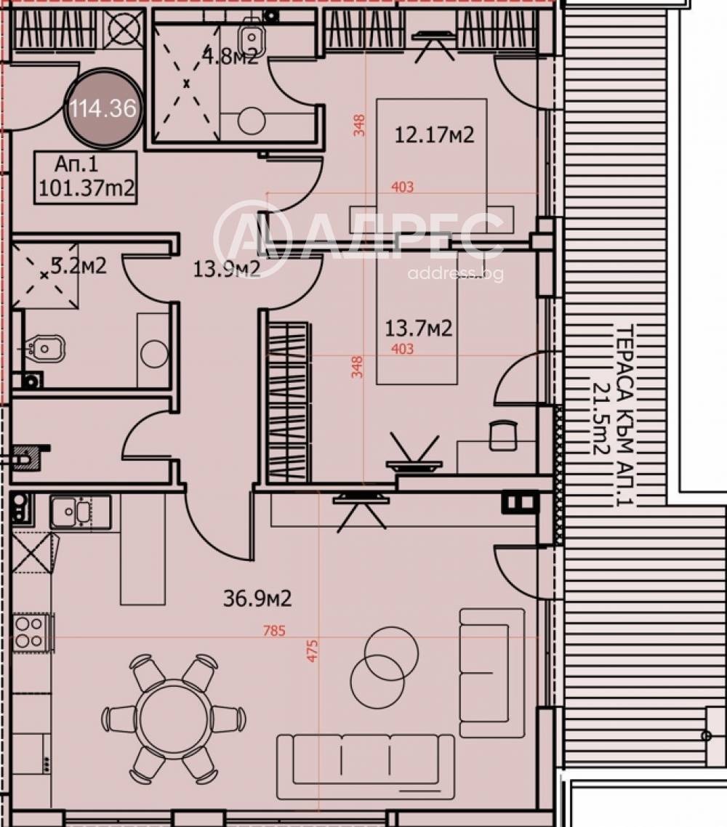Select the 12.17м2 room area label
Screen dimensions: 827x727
tap(434, 134)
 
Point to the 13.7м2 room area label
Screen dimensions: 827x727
tap(418, 328)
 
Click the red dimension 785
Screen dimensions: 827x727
tap(275, 631)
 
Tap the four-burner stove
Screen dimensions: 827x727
tap(31, 632)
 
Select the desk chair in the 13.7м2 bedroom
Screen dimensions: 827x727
tap(503, 435)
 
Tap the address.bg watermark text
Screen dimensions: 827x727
tap(455, 273)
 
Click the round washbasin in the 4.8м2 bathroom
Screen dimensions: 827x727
tap(252, 121)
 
